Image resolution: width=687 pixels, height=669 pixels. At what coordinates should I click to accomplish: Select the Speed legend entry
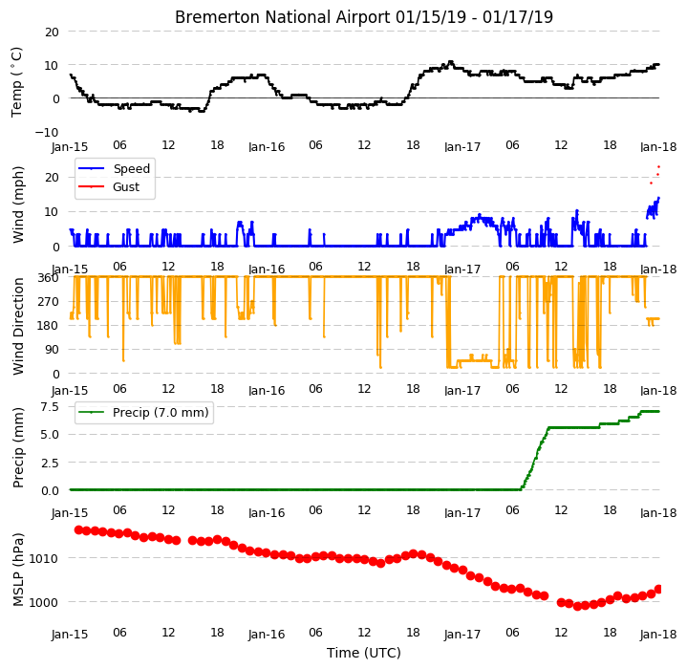click(114, 168)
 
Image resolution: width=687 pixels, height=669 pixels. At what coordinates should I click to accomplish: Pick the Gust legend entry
click(109, 187)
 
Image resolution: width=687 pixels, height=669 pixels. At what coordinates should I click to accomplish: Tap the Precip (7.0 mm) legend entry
click(143, 412)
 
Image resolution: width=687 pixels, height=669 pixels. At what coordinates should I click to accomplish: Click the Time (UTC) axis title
click(364, 653)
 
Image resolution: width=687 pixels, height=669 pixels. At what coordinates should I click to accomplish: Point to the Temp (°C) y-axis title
click(16, 82)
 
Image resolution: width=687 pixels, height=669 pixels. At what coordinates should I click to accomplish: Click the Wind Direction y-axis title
click(18, 327)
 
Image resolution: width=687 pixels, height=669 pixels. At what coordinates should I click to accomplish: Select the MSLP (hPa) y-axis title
click(18, 570)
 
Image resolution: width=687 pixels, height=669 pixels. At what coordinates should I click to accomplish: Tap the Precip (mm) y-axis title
click(18, 448)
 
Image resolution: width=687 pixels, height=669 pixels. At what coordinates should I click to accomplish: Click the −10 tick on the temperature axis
click(47, 132)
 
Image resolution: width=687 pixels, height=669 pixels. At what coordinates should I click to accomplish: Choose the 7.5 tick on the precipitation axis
click(50, 407)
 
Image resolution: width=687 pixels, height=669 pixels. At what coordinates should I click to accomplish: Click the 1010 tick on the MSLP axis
click(43, 558)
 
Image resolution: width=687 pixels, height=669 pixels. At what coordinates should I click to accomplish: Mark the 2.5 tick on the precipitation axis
click(50, 464)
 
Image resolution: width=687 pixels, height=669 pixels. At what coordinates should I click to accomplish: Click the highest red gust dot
click(658, 167)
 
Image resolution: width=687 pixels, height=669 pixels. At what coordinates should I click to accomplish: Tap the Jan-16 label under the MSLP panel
click(267, 635)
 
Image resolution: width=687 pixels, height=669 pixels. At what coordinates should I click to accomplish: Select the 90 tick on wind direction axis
click(53, 350)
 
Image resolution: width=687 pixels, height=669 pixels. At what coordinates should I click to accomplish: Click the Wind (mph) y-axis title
click(18, 205)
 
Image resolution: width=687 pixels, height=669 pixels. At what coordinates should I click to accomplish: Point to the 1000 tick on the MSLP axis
click(43, 602)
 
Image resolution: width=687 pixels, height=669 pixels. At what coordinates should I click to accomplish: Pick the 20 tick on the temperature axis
click(53, 32)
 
